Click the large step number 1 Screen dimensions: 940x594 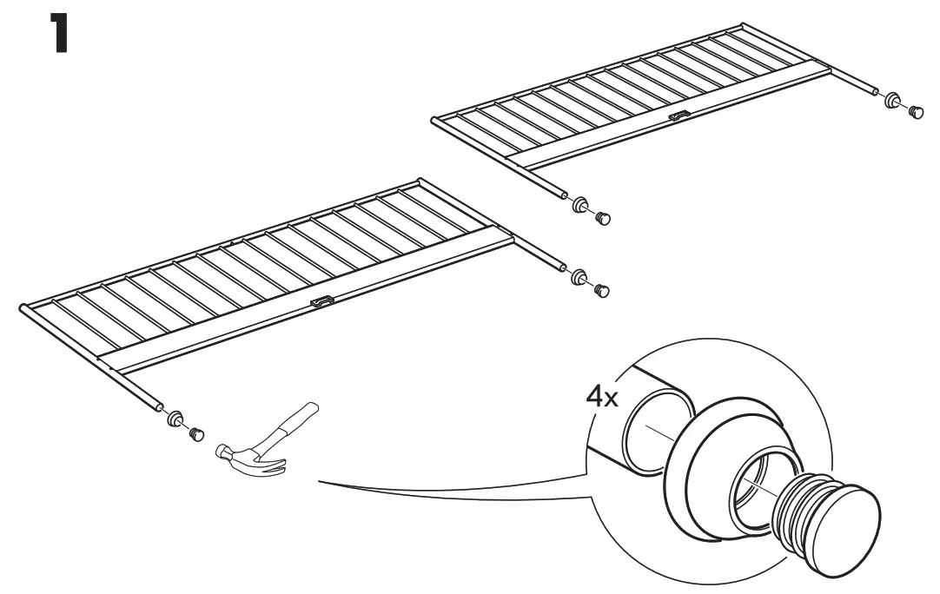58,34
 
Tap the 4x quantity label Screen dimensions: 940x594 601,396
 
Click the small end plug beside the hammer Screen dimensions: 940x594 196,433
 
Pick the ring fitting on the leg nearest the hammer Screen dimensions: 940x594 175,419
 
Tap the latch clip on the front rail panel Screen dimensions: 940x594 323,301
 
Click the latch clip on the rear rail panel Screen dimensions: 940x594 679,116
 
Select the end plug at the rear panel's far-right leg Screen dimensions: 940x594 916,111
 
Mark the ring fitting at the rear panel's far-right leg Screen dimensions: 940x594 892,100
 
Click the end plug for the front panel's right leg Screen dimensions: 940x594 602,291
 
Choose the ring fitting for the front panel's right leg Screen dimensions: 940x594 579,277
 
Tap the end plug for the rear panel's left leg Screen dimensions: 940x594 603,218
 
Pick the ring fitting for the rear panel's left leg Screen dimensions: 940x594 579,204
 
